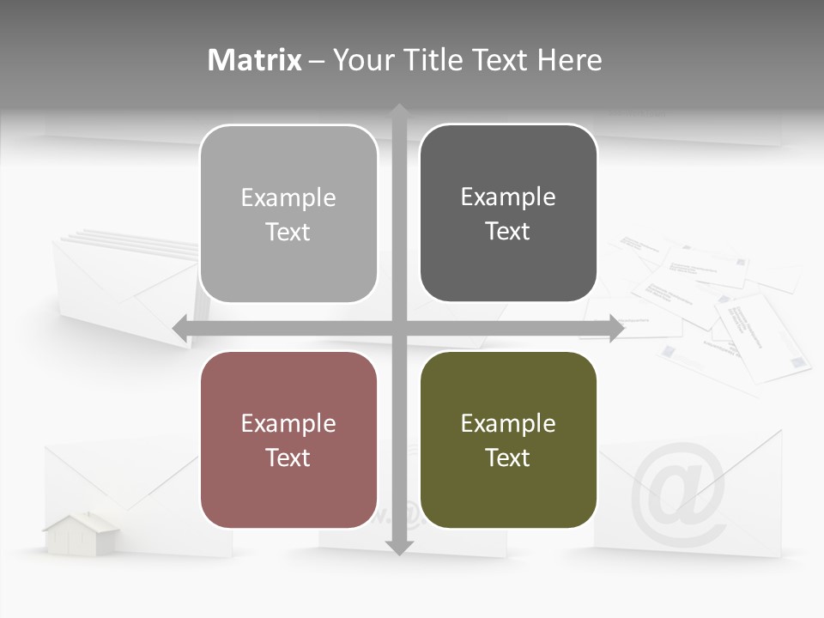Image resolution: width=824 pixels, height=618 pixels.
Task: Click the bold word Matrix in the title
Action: click(255, 60)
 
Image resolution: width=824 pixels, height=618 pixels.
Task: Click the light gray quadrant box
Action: click(288, 214)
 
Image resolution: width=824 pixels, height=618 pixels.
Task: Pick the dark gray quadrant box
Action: click(508, 214)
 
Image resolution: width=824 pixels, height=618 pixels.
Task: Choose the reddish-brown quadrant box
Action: click(288, 439)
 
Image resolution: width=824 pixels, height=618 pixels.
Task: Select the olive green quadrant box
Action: click(508, 439)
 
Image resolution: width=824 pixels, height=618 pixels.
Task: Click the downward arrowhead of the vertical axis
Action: click(399, 547)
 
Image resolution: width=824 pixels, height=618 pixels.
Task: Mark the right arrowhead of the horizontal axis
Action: click(616, 328)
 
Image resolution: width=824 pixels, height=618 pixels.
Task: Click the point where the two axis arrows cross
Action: click(399, 328)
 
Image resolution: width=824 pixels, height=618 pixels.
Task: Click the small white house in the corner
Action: click(82, 531)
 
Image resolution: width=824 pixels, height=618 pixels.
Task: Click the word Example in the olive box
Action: click(508, 423)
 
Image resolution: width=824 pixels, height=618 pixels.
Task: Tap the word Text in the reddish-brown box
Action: click(288, 457)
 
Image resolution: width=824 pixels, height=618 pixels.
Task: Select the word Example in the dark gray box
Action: click(508, 197)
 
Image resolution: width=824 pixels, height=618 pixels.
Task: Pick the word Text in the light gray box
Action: click(288, 232)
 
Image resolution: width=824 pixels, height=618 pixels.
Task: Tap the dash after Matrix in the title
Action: click(317, 61)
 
